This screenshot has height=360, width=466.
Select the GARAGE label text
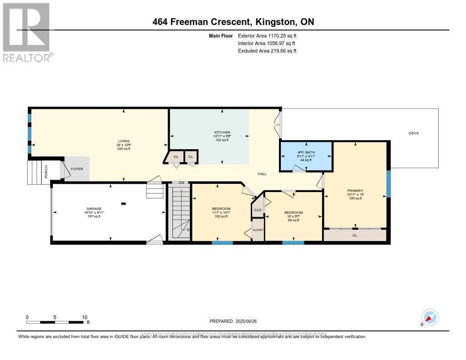click(96, 208)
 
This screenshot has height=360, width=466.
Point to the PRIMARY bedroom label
click(355, 191)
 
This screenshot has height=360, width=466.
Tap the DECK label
click(413, 133)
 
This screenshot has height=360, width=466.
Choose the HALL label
click(262, 174)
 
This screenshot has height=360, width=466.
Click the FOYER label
click(77, 169)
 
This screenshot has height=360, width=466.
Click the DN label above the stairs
click(181, 183)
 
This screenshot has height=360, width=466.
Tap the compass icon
click(429, 317)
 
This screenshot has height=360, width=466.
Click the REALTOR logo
click(26, 32)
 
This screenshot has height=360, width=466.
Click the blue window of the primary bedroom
click(388, 183)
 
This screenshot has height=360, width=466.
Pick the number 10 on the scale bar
click(84, 317)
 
